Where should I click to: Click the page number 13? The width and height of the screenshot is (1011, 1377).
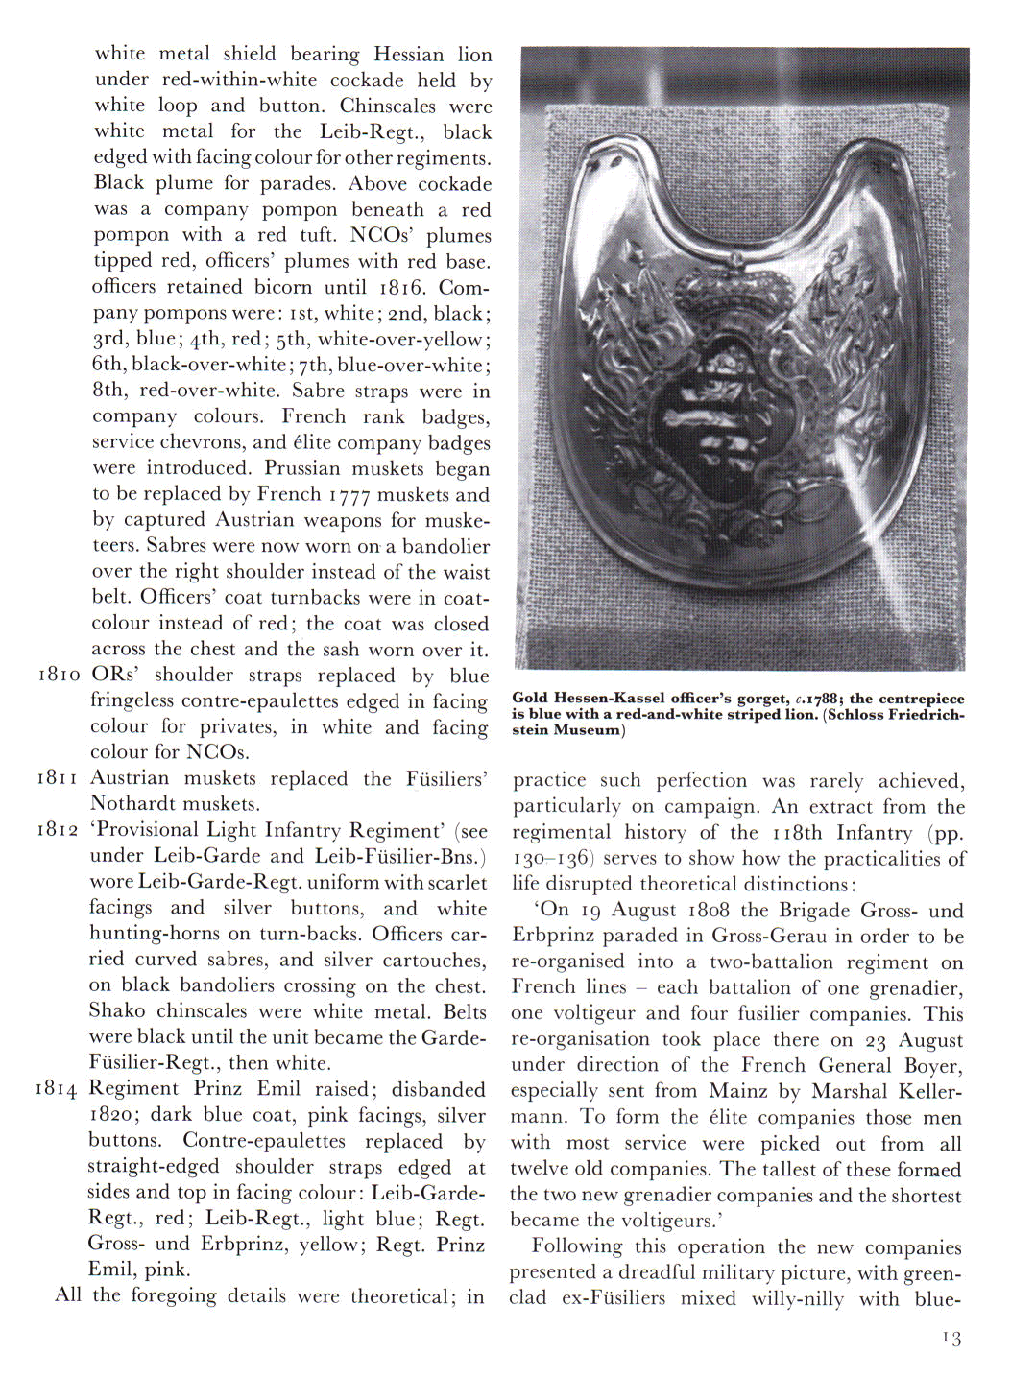pyautogui.click(x=951, y=1338)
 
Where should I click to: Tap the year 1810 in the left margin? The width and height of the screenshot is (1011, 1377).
pyautogui.click(x=58, y=675)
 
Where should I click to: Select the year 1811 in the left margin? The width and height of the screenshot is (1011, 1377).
pyautogui.click(x=58, y=778)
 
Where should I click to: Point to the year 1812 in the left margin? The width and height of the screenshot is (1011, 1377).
pyautogui.click(x=58, y=830)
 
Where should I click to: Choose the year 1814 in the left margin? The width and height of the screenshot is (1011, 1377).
pyautogui.click(x=56, y=1089)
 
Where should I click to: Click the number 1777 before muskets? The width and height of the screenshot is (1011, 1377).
pyautogui.click(x=349, y=495)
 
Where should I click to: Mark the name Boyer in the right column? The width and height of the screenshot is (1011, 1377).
pyautogui.click(x=933, y=1065)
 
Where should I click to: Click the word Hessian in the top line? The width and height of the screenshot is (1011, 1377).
pyautogui.click(x=408, y=54)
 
